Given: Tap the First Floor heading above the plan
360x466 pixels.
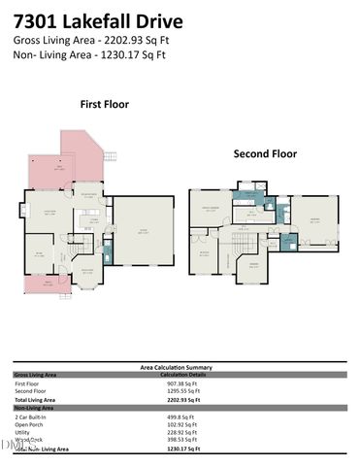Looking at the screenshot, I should (105, 103).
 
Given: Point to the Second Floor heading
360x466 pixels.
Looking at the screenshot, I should (264, 153).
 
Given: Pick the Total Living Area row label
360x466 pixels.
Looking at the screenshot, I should (37, 399).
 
